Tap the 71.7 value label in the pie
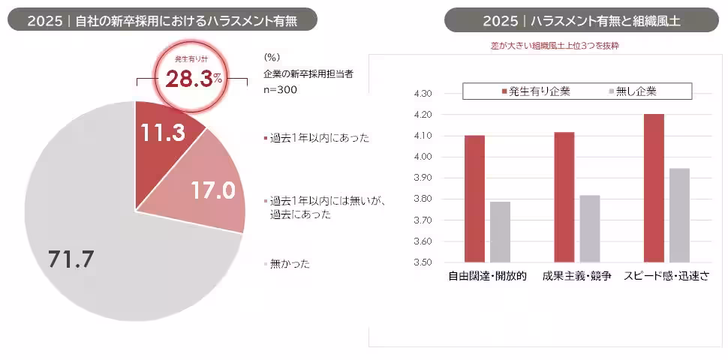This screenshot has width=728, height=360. pos(71,259)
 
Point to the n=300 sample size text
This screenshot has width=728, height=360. pos(281,90)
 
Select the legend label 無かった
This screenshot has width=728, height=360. pos(289,264)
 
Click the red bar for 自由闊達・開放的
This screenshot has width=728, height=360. pos(474,199)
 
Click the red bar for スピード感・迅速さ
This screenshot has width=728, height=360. pos(654,188)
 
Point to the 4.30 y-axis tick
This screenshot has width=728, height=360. pos(423,94)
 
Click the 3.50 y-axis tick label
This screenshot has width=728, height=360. pos(423,262)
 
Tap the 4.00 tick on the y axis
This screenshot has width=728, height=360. pos(423,157)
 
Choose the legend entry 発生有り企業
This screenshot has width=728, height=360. pos(534,91)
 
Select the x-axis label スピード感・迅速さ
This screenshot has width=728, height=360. pos(666,276)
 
